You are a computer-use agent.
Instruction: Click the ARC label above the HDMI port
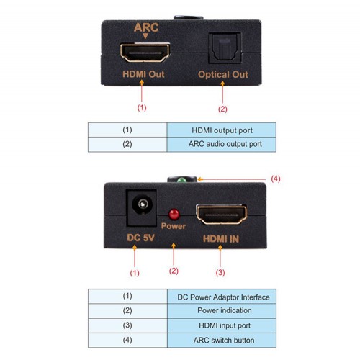point(146,27)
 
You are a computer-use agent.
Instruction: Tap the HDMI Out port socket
point(145,53)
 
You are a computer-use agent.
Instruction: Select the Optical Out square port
point(225,48)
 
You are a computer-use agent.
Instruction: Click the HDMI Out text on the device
point(143,74)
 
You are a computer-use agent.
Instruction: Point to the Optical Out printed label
point(223,74)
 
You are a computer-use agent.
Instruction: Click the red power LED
point(174,214)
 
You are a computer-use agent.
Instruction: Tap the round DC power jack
point(143,204)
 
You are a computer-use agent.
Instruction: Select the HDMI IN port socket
point(222,215)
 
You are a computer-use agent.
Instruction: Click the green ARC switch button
point(181,180)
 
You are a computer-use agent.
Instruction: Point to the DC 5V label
point(140,238)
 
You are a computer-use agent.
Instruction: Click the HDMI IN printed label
point(221,239)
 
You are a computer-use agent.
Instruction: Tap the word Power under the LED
point(174,226)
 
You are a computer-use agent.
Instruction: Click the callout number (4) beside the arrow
point(276,179)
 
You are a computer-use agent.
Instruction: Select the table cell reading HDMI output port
point(222,130)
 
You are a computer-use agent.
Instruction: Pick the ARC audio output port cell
point(222,145)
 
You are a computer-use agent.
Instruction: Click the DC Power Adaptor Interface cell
point(222,297)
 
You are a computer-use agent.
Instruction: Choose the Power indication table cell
point(222,311)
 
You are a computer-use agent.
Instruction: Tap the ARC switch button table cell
point(222,340)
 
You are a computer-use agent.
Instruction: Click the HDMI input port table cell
point(222,325)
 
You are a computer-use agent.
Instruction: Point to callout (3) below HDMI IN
point(220,272)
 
